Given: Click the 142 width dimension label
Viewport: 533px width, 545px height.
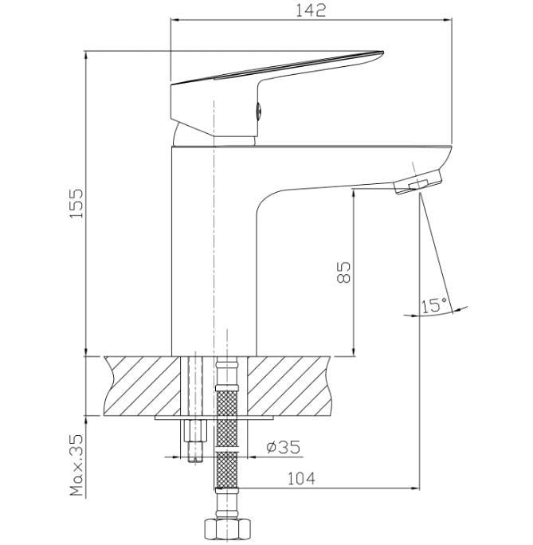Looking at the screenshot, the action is coord(311,10).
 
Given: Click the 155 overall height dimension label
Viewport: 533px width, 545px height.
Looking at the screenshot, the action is coord(76,203).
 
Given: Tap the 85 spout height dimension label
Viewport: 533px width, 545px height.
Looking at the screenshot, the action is coord(344,272).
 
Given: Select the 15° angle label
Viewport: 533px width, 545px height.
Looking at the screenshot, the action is coord(434,305).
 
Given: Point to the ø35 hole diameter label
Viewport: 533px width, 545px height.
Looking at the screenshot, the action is coord(283,447).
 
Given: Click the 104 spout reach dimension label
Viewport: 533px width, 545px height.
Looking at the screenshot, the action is coord(301,479).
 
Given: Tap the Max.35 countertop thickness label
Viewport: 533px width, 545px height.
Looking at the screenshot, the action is coord(76,465).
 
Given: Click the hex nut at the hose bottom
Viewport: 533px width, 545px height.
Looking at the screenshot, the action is coord(227,530).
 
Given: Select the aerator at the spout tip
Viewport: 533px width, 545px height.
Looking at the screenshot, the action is coord(418,182).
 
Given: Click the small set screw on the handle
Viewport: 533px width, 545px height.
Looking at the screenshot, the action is coord(258,111).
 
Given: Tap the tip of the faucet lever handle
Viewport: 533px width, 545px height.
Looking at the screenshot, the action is coord(383,53).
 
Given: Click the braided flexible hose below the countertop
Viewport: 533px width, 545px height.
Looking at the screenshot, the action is coord(227,438).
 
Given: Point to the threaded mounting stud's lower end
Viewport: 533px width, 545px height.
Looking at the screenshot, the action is coord(195,461).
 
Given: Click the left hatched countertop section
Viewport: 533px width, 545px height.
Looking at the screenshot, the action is coord(143,386).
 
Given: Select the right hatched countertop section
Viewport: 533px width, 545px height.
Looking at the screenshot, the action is coord(288,386).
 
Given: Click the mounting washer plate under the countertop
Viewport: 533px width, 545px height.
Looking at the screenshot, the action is coord(214,418).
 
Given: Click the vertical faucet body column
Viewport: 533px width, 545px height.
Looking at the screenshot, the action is coord(214,250).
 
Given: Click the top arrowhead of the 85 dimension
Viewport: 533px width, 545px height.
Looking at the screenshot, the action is coord(354,194).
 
